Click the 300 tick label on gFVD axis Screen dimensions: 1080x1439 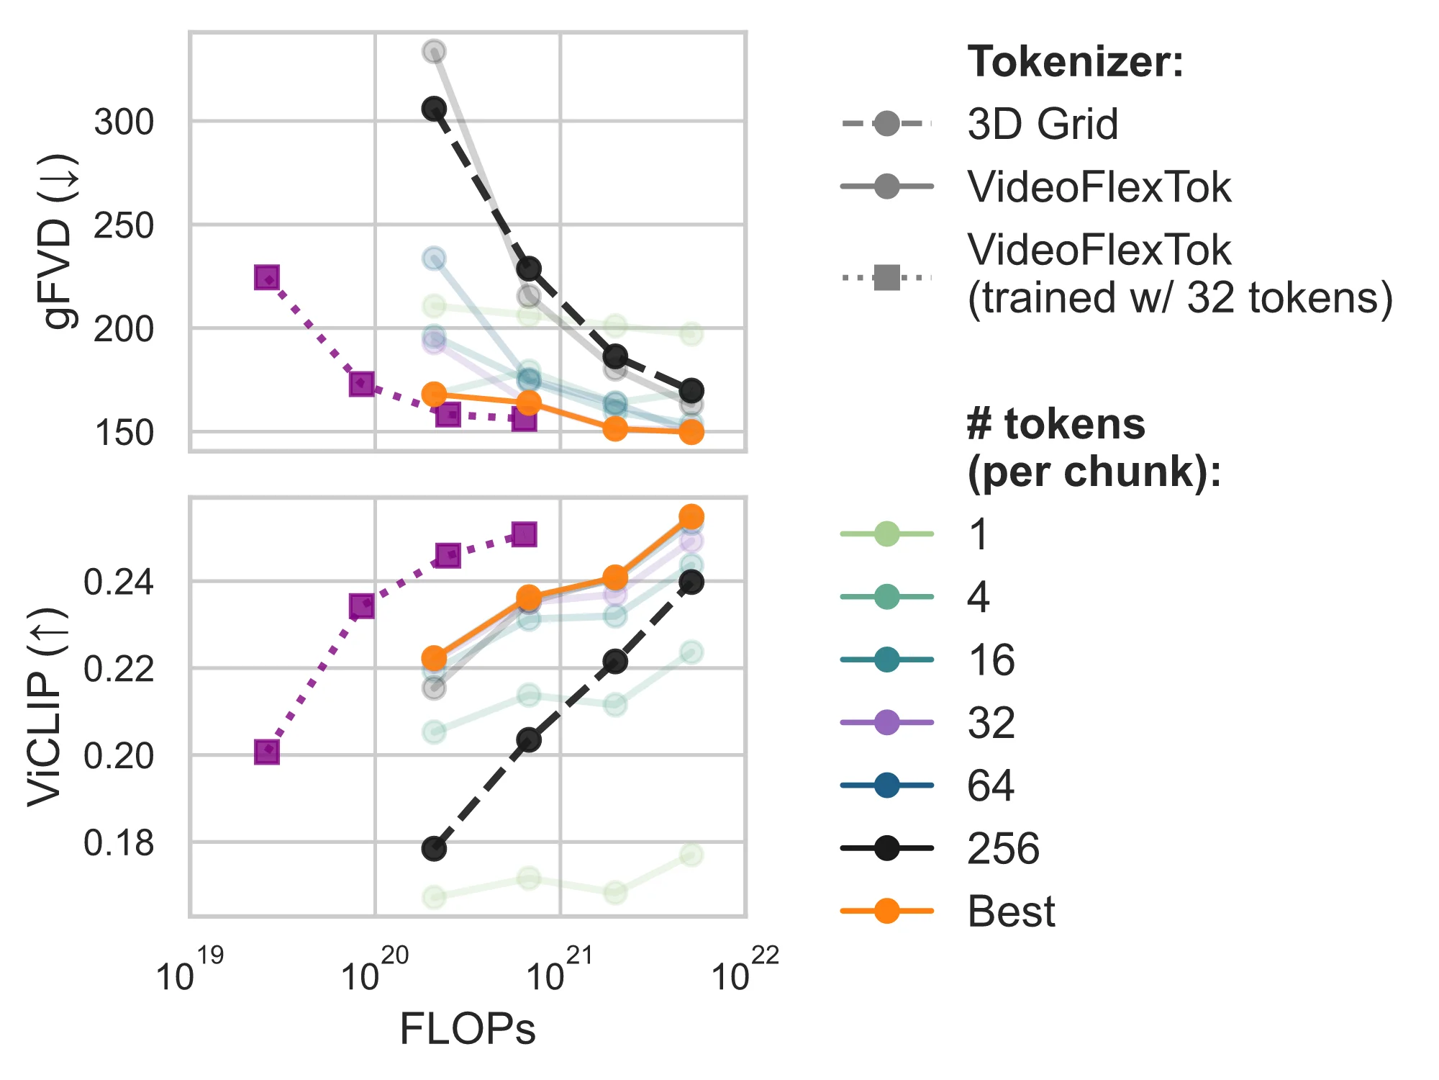click(x=124, y=122)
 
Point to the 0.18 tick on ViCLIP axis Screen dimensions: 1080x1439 click(x=119, y=843)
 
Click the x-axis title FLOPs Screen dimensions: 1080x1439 click(x=468, y=1029)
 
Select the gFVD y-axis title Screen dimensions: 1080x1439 click(x=59, y=241)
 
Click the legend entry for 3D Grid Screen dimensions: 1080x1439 click(x=1042, y=124)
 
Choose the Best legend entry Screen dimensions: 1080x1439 click(x=1010, y=911)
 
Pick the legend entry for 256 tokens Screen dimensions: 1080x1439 click(x=1003, y=848)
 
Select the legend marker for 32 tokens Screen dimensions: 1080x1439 click(x=887, y=722)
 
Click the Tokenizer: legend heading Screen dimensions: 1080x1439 click(x=1075, y=62)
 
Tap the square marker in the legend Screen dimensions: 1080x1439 click(x=887, y=276)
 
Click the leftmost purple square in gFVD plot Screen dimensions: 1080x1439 click(x=267, y=277)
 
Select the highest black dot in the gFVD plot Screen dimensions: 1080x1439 click(x=434, y=109)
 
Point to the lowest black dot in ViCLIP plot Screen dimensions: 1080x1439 click(x=434, y=849)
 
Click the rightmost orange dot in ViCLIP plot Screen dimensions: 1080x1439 click(x=691, y=517)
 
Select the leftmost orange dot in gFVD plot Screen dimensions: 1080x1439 click(x=434, y=395)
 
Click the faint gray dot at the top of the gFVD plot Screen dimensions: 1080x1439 click(x=434, y=52)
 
